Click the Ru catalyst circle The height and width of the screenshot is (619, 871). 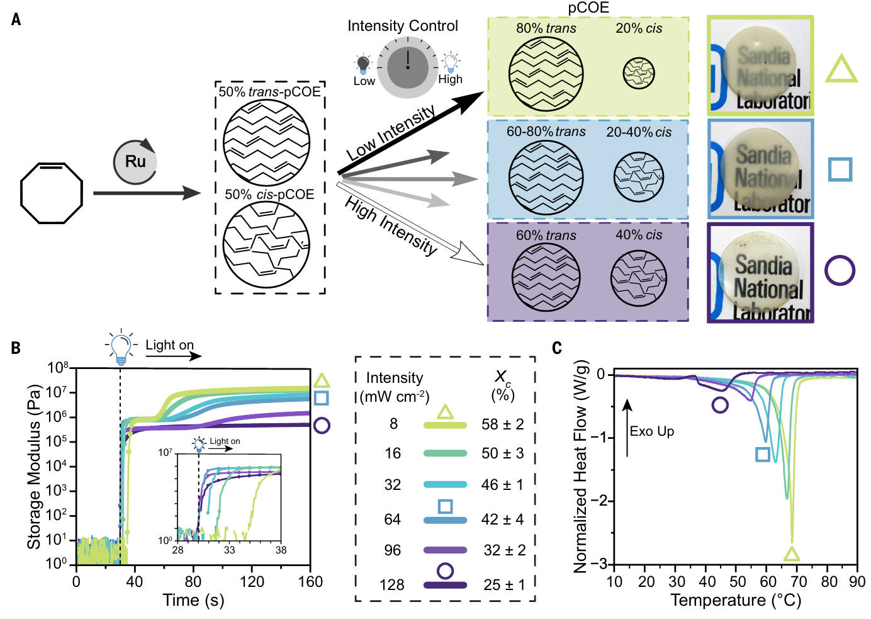tap(135, 162)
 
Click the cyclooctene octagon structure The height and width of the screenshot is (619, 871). tap(51, 192)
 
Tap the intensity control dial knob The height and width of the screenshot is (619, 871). tap(407, 67)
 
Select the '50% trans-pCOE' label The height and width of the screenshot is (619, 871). tap(269, 92)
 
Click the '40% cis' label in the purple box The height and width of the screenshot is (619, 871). tap(638, 235)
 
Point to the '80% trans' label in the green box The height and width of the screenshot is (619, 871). tap(546, 28)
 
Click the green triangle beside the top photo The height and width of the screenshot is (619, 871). tap(841, 69)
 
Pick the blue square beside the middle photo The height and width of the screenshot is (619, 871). tap(840, 169)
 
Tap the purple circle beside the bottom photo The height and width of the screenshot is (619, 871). tap(840, 270)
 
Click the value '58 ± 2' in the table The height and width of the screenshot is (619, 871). tap(502, 424)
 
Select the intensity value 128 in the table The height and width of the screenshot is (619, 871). tap(391, 585)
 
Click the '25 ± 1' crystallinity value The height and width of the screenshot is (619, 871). tap(503, 585)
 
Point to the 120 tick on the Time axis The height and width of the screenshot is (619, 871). tap(252, 581)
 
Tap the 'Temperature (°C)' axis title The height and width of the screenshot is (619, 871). tap(736, 600)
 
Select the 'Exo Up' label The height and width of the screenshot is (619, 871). tap(651, 431)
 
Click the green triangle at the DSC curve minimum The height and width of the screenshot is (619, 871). tap(792, 554)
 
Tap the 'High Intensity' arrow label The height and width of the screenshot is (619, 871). tap(390, 225)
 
